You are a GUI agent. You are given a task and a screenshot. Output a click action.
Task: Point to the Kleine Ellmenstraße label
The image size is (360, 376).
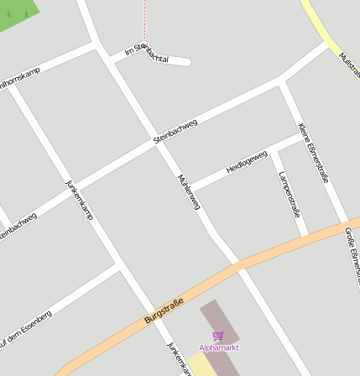click(312, 152)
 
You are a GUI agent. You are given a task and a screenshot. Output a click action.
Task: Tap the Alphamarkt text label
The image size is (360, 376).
click(219, 347)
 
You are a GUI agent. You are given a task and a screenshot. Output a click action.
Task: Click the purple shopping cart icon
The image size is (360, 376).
click(219, 336)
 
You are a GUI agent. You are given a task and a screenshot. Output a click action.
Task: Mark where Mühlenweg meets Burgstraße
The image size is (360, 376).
click(236, 264)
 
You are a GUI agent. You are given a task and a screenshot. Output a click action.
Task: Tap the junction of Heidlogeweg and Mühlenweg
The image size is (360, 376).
click(192, 187)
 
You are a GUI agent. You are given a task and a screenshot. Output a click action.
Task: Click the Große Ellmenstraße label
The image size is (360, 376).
click(351, 252)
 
